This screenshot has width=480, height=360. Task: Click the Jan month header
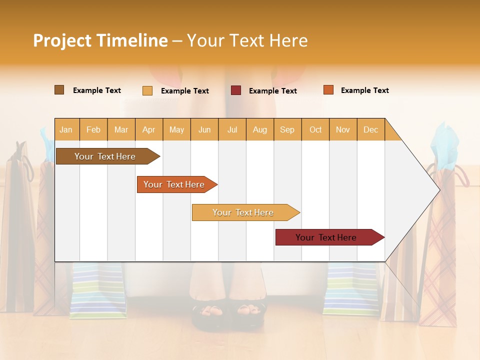point(66,130)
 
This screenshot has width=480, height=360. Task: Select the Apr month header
point(148,130)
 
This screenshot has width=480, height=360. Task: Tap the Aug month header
point(259,130)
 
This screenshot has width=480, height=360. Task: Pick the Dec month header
point(370,130)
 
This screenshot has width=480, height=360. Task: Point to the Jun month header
point(204,130)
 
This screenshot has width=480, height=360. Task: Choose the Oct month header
point(315,130)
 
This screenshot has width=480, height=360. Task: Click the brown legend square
point(59,90)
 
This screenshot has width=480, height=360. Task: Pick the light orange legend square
point(147,90)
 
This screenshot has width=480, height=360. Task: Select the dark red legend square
point(236,90)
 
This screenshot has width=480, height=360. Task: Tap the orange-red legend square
point(328,90)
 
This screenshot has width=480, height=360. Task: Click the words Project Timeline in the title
point(100,40)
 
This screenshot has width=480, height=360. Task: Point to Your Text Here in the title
point(247,40)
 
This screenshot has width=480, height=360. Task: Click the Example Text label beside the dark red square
point(272,91)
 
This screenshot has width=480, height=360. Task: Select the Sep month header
point(287,130)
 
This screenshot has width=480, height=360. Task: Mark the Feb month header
point(93,130)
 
